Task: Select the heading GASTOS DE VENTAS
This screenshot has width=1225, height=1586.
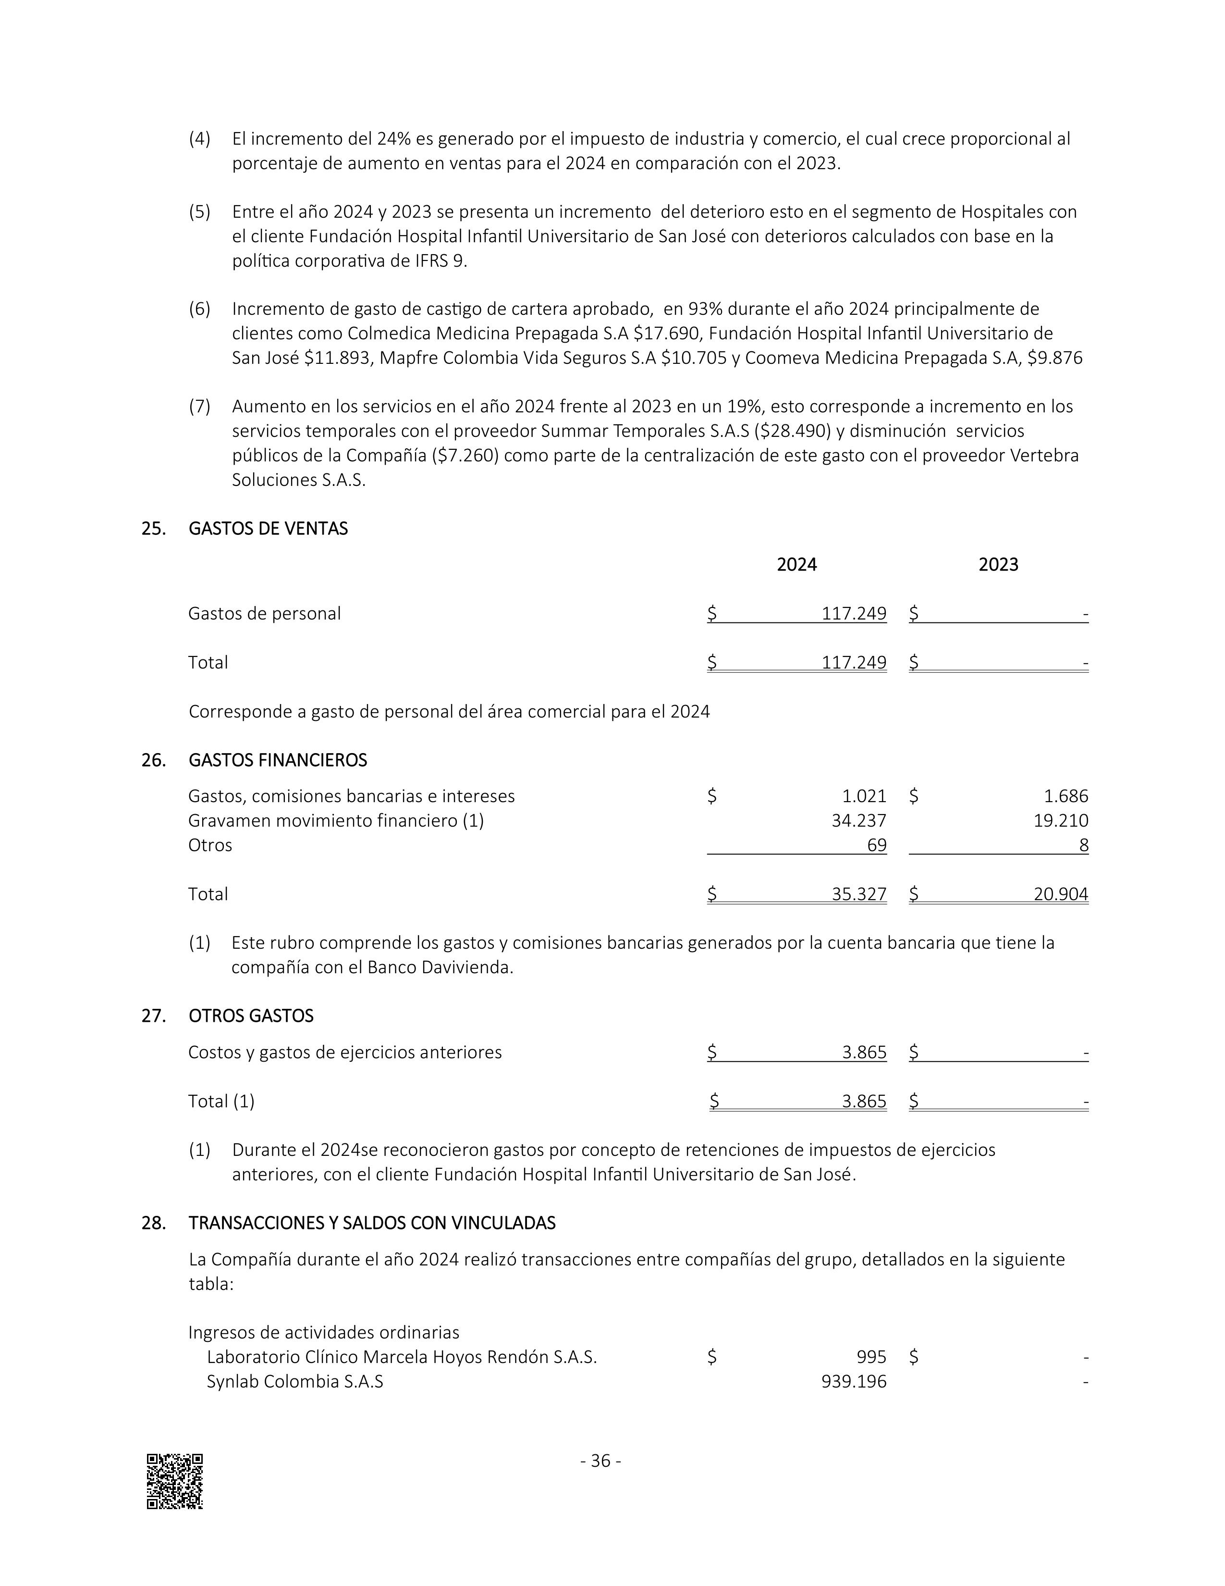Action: click(268, 529)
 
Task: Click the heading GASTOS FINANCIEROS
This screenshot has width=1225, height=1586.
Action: click(277, 760)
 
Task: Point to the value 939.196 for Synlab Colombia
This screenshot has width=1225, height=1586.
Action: click(854, 1381)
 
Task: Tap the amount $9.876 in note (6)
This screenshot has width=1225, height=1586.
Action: click(1054, 358)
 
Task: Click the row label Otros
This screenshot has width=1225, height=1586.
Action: click(210, 845)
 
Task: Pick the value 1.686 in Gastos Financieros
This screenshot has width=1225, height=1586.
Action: click(1066, 796)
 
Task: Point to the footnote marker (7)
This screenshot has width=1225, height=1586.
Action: click(199, 407)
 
